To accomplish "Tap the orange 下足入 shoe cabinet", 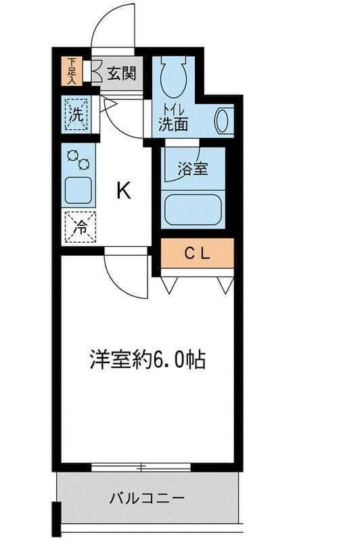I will click(x=72, y=70).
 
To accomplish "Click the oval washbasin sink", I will click(x=221, y=121).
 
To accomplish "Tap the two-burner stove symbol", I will click(x=78, y=160).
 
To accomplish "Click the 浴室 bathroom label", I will click(x=192, y=169).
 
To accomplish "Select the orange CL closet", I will click(x=197, y=254).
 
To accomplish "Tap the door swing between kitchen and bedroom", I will click(x=126, y=275).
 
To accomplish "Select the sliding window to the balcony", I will click(x=141, y=467).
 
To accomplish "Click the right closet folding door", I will click(x=225, y=285).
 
